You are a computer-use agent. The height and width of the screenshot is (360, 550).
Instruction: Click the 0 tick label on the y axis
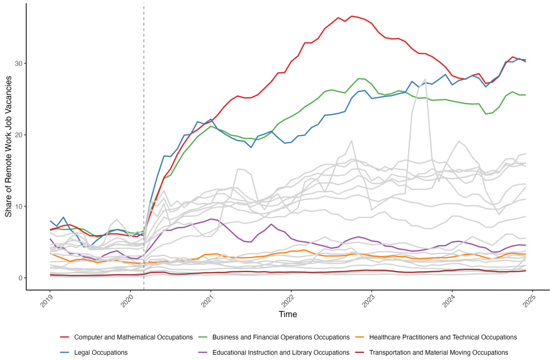[20, 278]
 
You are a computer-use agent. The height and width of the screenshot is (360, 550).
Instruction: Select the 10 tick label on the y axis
[18, 206]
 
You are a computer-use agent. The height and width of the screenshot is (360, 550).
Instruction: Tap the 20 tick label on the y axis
[18, 135]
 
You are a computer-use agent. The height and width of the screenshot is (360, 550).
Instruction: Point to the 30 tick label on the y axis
[18, 64]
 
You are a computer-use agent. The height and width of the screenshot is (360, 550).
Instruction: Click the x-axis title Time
[288, 314]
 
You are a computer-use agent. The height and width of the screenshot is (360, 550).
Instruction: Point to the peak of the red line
[352, 16]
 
